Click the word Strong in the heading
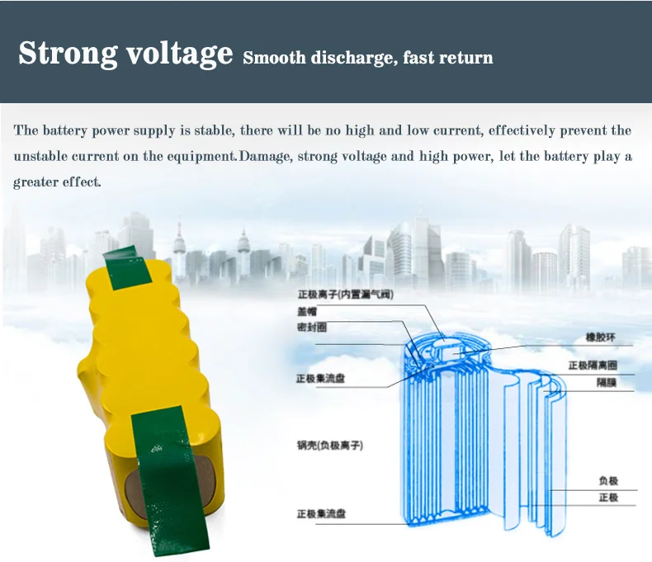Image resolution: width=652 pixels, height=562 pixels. point(67,54)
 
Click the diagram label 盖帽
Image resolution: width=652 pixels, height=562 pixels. point(306,311)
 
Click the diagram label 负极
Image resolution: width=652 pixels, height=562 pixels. point(608,481)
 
